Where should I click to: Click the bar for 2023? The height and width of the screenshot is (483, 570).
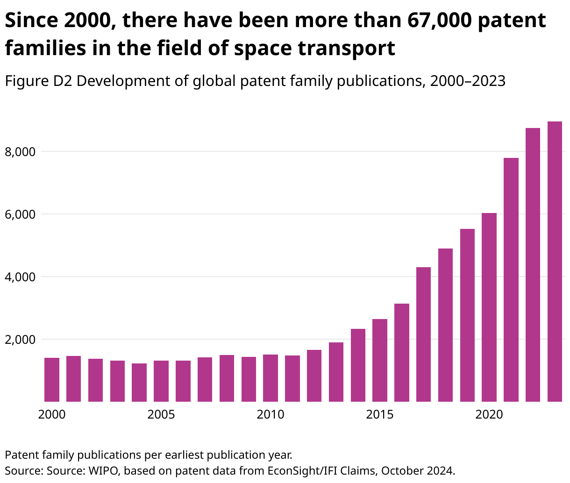pyautogui.click(x=555, y=262)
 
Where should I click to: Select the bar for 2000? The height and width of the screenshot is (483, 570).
pyautogui.click(x=52, y=379)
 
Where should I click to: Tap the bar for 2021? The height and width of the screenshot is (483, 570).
pyautogui.click(x=511, y=280)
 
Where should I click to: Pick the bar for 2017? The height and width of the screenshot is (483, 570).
pyautogui.click(x=423, y=334)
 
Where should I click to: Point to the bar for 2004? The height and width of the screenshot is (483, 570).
pyautogui.click(x=139, y=382)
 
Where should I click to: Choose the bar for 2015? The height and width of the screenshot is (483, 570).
pyautogui.click(x=380, y=360)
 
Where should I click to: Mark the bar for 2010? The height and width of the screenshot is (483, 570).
pyautogui.click(x=271, y=378)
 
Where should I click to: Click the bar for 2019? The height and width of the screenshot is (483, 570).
pyautogui.click(x=467, y=315)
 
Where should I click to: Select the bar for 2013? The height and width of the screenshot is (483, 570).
pyautogui.click(x=336, y=372)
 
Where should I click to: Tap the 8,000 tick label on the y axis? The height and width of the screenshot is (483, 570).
pyautogui.click(x=20, y=152)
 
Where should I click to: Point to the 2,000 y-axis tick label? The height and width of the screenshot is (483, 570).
pyautogui.click(x=20, y=340)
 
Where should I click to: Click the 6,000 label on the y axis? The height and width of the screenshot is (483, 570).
pyautogui.click(x=20, y=214)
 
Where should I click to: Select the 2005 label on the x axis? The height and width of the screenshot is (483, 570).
pyautogui.click(x=161, y=415)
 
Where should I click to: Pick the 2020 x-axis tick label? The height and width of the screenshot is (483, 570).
pyautogui.click(x=489, y=415)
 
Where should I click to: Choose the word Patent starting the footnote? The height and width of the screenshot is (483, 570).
pyautogui.click(x=20, y=455)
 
